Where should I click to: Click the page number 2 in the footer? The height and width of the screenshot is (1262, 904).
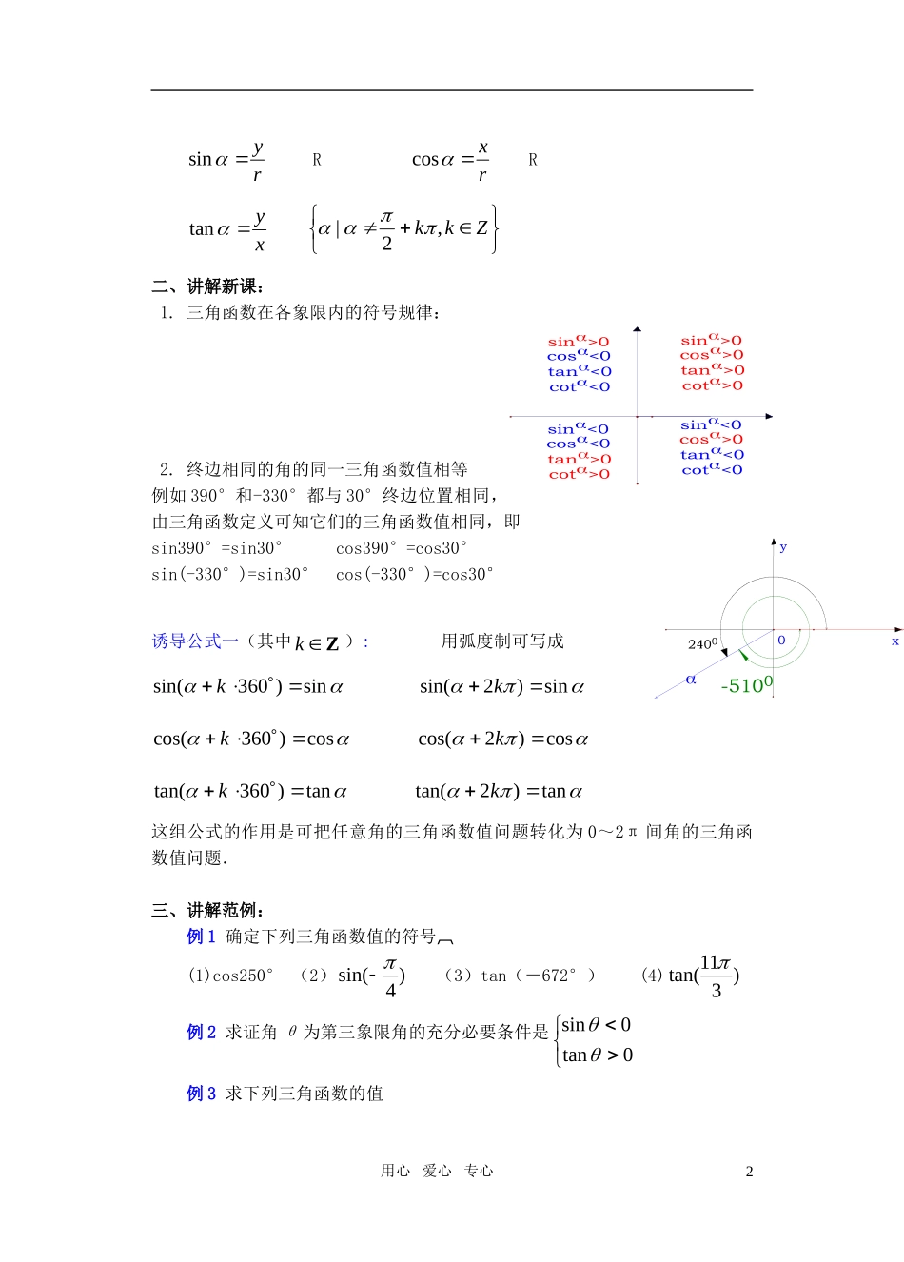pos(749,1172)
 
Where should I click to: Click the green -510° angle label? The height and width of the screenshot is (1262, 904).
pos(747,685)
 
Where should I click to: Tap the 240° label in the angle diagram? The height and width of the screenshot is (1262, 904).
pos(702,644)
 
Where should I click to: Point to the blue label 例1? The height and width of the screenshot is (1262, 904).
pos(201,937)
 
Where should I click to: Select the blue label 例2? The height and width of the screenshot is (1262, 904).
pos(201,1033)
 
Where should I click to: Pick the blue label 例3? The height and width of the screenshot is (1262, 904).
pos(201,1094)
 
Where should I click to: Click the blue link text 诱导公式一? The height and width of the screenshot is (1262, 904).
pos(195,641)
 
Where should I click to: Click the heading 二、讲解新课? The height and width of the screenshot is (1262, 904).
pos(207,286)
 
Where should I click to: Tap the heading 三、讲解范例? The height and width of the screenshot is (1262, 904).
pos(207,911)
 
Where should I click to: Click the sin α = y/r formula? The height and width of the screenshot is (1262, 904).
pos(226,160)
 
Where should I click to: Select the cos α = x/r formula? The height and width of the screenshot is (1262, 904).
pos(451,160)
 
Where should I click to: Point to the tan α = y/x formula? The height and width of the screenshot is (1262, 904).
pos(227,229)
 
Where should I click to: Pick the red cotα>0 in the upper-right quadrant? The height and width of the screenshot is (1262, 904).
pos(713,385)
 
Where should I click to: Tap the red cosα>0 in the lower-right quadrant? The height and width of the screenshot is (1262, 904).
pos(711,440)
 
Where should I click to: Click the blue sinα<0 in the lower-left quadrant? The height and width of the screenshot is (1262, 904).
pos(578,429)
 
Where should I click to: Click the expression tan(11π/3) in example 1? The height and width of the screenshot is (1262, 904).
pos(703,976)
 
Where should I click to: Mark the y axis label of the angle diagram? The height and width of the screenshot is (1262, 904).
pos(783,547)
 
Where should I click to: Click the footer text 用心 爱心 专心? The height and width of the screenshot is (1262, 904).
pos(437,1171)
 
